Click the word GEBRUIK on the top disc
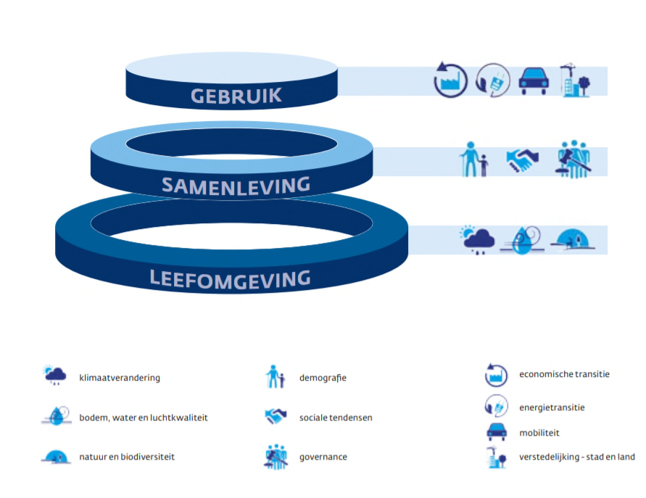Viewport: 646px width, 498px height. click(236, 96)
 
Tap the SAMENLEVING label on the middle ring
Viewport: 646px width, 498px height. click(236, 186)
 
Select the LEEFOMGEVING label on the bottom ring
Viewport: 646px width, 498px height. click(230, 278)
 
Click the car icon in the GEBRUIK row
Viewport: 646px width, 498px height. click(534, 80)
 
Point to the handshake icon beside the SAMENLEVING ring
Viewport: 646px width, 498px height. click(522, 160)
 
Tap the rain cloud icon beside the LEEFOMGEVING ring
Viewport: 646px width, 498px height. click(478, 239)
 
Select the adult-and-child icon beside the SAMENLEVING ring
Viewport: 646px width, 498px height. click(473, 159)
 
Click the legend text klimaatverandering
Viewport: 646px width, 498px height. click(120, 378)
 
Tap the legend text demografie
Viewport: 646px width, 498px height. click(323, 378)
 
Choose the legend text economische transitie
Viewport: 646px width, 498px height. click(564, 375)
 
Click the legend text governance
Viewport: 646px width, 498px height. click(323, 457)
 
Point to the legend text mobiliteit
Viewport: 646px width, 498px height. click(539, 433)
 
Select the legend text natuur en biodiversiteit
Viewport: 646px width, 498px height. click(127, 457)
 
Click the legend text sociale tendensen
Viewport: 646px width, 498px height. click(336, 418)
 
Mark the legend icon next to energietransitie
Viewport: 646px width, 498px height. click(496, 406)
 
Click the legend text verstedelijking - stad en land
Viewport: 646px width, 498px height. click(577, 457)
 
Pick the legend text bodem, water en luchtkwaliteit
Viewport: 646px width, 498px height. click(144, 418)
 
